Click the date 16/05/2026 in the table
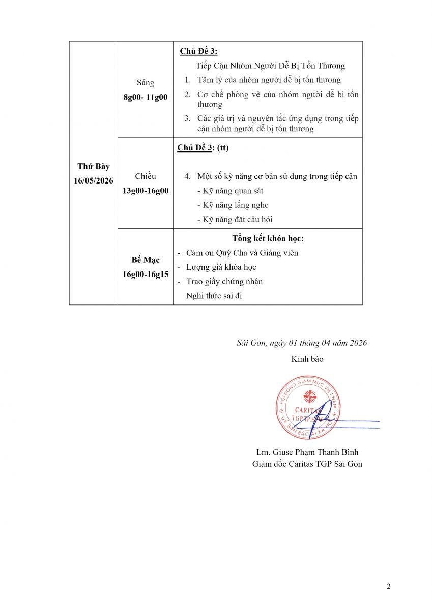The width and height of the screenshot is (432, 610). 94,181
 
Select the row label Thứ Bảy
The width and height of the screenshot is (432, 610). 94,166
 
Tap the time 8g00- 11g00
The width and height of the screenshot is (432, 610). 146,97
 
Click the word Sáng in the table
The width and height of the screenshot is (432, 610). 146,83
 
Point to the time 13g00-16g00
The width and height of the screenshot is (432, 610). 146,191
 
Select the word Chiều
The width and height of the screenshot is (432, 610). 146,176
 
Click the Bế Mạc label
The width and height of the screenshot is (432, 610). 146,260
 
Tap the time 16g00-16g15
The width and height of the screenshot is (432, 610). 146,274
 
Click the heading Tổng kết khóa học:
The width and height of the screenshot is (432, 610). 268,238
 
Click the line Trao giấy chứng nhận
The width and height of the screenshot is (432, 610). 224,281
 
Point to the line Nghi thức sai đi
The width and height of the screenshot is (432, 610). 214,295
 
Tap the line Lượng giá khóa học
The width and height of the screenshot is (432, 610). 221,267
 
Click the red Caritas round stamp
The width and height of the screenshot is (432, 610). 307,408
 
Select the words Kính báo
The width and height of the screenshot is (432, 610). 307,359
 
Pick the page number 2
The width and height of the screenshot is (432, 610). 389,586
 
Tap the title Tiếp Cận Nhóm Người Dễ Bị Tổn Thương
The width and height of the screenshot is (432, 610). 270,66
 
